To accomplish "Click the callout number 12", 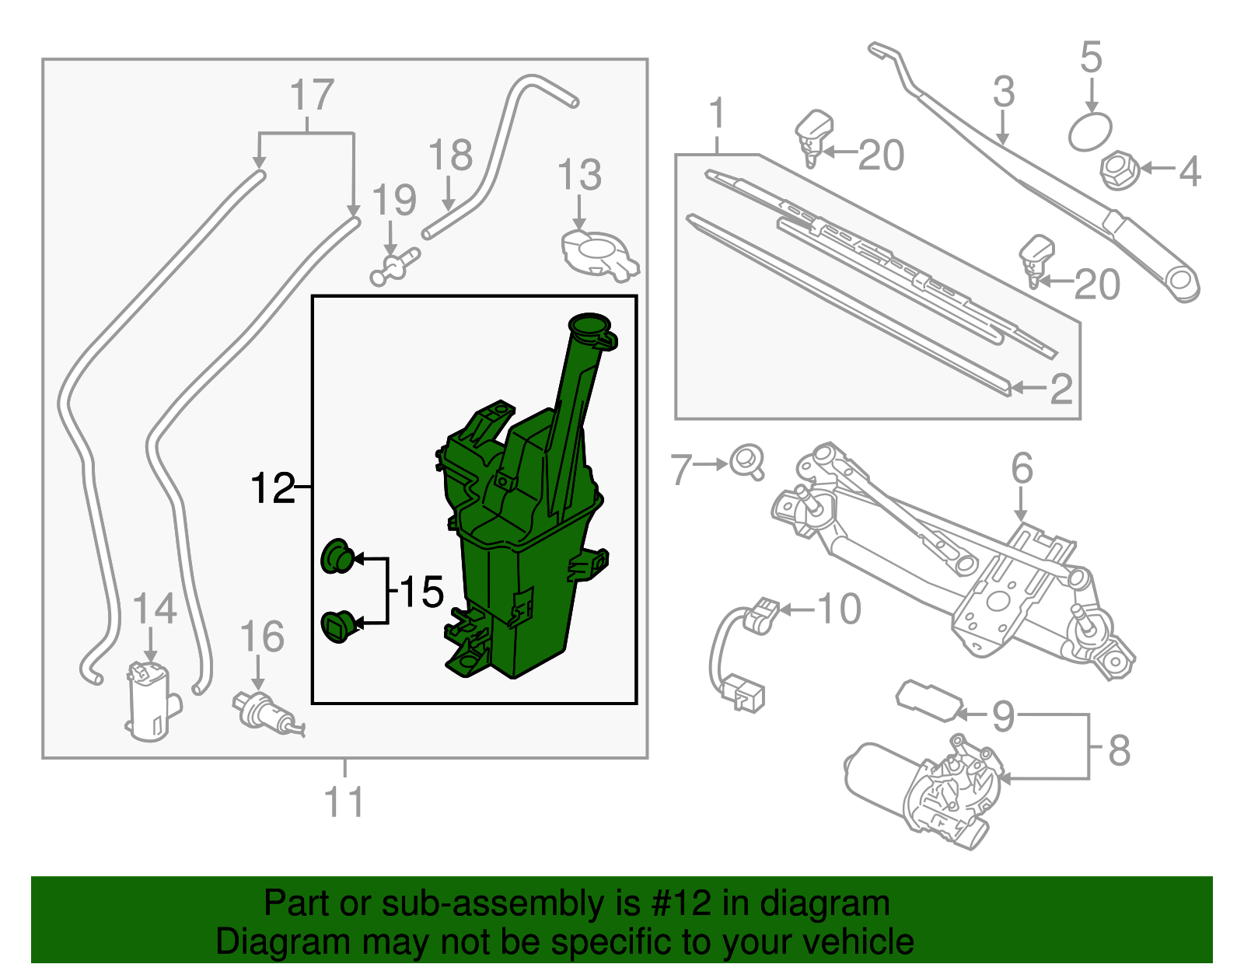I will coord(273,488).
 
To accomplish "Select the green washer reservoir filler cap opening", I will coord(589,324).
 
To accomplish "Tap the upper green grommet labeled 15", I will coord(338,556).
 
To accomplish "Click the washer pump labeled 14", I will coord(150,700).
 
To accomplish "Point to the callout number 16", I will coord(262,637).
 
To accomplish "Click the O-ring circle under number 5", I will coord(1090,131).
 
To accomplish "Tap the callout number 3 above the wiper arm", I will coord(1004,92).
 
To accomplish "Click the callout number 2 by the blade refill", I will coord(1061,388).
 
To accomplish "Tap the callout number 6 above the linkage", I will coord(1022,468).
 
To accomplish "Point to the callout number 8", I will coord(1119,750).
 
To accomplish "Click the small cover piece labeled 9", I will coord(928,700).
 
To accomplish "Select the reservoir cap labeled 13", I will coord(599,253).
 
